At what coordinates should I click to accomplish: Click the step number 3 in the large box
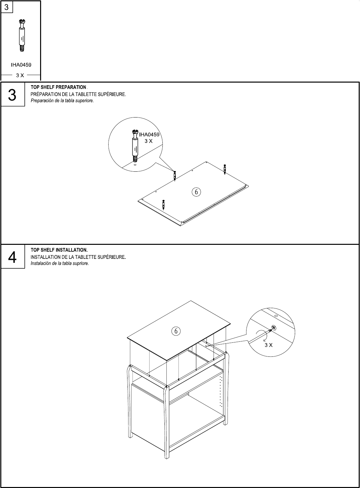pyautogui.click(x=12, y=95)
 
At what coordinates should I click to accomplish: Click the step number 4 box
pyautogui.click(x=12, y=258)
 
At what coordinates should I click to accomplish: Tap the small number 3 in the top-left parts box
pyautogui.click(x=7, y=7)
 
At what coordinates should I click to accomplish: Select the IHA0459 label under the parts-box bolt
pyautogui.click(x=21, y=65)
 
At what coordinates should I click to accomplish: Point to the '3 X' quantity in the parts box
pyautogui.click(x=20, y=75)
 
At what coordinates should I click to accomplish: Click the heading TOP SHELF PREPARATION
pyautogui.click(x=59, y=87)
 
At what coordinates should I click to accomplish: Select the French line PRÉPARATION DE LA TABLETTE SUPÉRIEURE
pyautogui.click(x=78, y=94)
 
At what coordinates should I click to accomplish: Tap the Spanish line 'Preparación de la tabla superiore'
pyautogui.click(x=62, y=101)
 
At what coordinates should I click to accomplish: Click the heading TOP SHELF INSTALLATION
pyautogui.click(x=59, y=250)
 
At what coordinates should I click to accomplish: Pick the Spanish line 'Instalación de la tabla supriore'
pyautogui.click(x=60, y=263)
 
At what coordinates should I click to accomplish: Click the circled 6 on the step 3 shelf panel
pyautogui.click(x=196, y=192)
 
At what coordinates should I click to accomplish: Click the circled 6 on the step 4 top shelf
pyautogui.click(x=176, y=331)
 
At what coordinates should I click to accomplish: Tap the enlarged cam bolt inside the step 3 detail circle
pyautogui.click(x=135, y=145)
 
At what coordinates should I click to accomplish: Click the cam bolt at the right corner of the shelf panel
pyautogui.click(x=225, y=169)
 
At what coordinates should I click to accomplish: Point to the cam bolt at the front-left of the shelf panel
pyautogui.click(x=163, y=204)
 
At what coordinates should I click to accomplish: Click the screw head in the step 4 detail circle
pyautogui.click(x=274, y=328)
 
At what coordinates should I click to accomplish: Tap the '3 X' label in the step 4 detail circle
pyautogui.click(x=268, y=345)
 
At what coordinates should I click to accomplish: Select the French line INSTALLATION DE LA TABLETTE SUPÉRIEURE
pyautogui.click(x=78, y=257)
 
